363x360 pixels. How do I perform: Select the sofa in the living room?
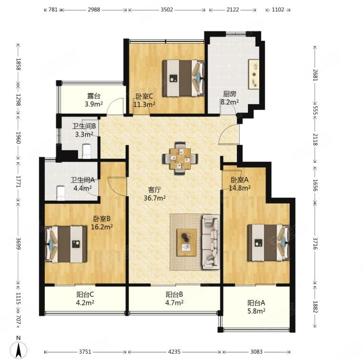pyautogui.click(x=209, y=241)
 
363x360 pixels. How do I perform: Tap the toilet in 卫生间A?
pyautogui.click(x=60, y=193)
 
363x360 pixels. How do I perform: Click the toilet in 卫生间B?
pyautogui.click(x=87, y=152)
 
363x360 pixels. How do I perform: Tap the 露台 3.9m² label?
pyautogui.click(x=91, y=100)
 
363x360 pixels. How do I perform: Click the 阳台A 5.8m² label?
pyautogui.click(x=256, y=307)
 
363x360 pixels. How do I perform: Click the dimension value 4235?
pyautogui.click(x=174, y=352)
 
